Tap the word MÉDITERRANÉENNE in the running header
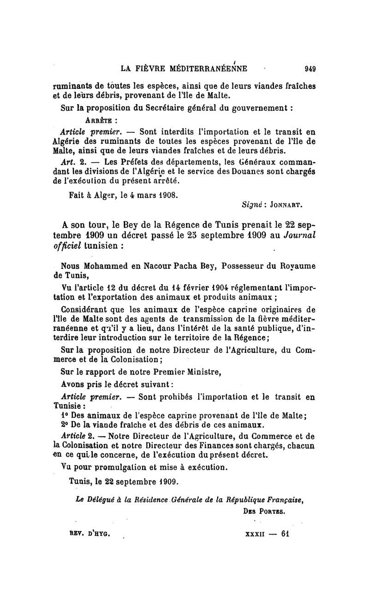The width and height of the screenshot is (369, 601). coord(209,69)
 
